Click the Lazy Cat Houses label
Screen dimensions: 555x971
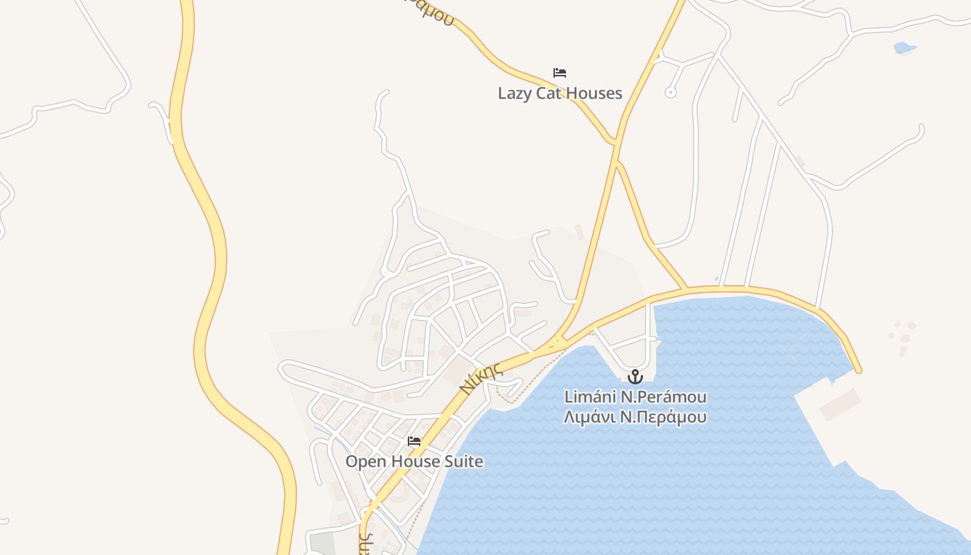coord(560,93)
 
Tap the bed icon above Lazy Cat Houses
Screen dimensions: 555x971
coord(560,73)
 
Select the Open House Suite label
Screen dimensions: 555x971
coord(414,461)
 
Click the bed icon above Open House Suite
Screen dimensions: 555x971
coord(414,441)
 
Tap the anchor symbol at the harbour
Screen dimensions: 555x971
coord(635,377)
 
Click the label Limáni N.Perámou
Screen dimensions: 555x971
coord(635,398)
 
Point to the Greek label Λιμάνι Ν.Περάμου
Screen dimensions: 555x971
coord(635,417)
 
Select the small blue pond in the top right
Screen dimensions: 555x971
coord(904,48)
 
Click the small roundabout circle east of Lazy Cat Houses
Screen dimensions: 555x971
coord(670,92)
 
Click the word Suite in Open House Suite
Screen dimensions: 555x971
coord(464,461)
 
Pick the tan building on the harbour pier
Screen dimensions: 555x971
coord(841,404)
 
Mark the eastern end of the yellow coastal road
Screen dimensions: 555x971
coord(859,370)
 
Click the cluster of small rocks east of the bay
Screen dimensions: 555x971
coord(903,339)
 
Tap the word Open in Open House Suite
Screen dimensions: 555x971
coord(366,461)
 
